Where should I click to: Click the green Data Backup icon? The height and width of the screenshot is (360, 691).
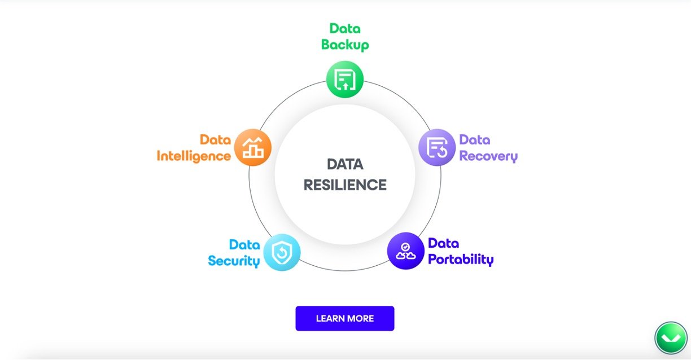point(345,79)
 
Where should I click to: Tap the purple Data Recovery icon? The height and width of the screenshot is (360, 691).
point(437,147)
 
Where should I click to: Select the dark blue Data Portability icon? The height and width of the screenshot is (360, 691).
point(405,251)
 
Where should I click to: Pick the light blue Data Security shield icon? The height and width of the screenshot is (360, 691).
point(282,252)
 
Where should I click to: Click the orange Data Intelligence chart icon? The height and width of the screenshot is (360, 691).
point(253,147)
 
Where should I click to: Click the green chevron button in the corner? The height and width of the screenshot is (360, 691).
point(671,338)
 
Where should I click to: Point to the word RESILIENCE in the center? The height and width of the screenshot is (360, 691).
point(345,185)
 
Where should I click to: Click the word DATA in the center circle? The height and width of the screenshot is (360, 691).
point(345,164)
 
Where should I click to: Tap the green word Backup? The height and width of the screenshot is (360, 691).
point(345,45)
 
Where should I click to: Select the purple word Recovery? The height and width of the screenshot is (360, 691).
point(488,156)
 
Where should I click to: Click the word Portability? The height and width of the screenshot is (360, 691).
point(461,260)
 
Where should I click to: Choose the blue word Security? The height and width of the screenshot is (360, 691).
point(234,261)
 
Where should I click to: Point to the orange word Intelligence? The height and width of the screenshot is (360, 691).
point(194,156)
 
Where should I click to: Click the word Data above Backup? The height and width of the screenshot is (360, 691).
point(345,29)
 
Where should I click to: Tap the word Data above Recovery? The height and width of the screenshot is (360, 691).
point(475,140)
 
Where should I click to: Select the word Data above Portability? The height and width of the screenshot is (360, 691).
point(444,244)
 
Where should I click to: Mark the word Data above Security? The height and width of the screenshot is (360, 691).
point(244,245)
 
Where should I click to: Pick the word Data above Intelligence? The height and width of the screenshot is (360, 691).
point(215,140)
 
